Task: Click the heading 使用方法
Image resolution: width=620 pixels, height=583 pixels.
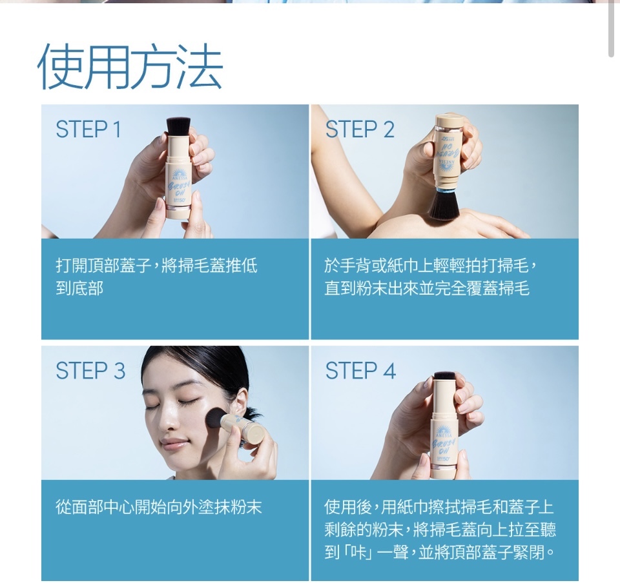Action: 130,66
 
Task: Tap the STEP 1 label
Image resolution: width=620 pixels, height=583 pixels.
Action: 88,129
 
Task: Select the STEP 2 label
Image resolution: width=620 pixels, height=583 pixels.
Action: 360,129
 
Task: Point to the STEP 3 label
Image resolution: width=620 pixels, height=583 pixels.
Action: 90,371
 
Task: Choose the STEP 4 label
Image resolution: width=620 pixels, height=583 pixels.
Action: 360,371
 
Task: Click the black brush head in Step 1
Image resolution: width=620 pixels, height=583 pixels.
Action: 178,126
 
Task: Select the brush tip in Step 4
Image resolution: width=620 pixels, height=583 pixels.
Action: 446,375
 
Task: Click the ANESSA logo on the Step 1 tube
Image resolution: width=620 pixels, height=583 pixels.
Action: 178,175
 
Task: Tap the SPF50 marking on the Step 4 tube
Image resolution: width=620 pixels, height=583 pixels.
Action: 443,459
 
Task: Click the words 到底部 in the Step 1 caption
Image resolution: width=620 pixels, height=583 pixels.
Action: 79,288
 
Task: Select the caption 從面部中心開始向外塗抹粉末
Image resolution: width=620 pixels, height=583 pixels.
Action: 159,507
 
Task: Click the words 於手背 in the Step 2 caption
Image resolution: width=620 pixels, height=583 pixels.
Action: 348,266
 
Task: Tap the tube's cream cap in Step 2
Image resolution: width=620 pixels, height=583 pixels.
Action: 449,119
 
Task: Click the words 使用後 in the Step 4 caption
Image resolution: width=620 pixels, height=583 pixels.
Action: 348,507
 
